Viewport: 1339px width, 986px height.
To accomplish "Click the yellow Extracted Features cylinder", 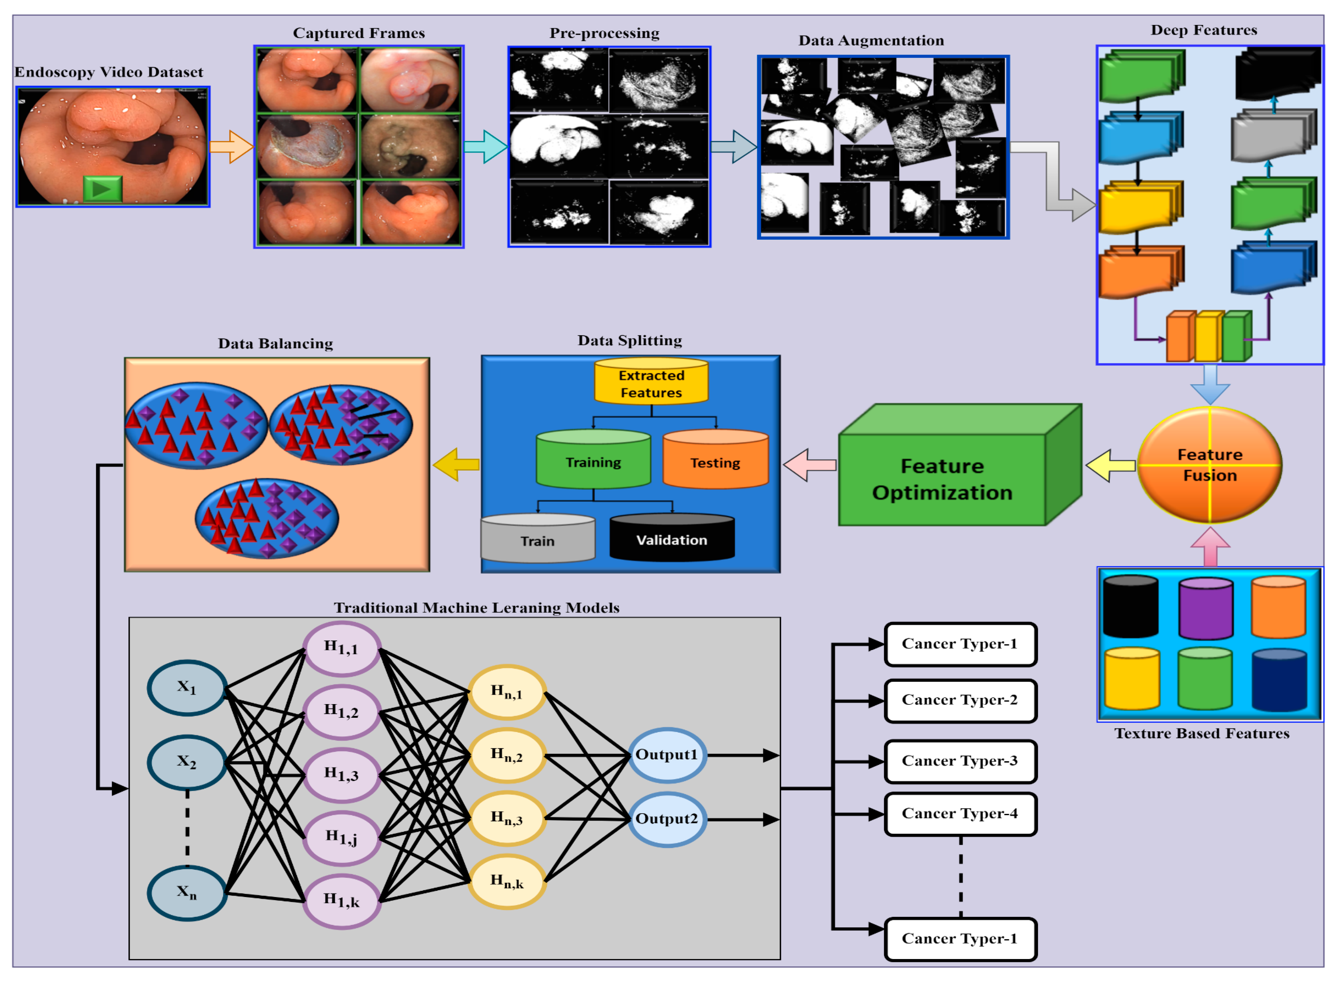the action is pyautogui.click(x=651, y=381).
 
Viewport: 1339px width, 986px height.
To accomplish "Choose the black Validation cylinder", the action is pyautogui.click(x=671, y=537).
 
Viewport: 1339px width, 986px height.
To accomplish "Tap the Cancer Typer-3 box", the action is pyautogui.click(x=960, y=761).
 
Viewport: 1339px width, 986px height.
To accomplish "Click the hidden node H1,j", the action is pyautogui.click(x=342, y=837).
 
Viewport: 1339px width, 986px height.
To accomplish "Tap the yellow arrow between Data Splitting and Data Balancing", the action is pyautogui.click(x=456, y=464).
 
